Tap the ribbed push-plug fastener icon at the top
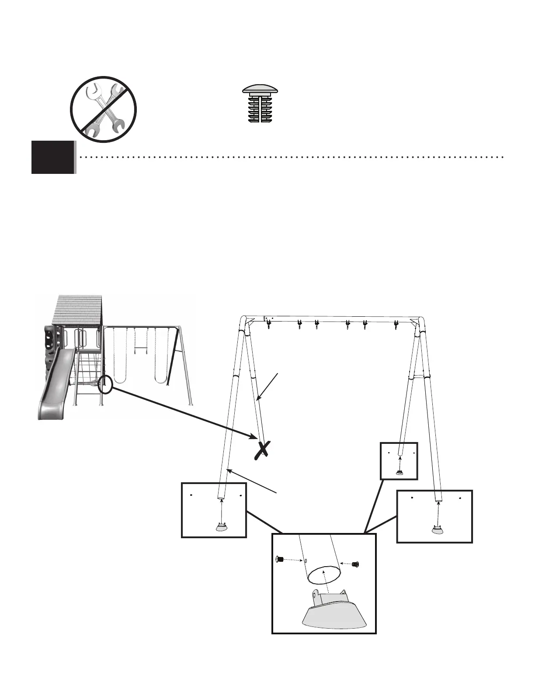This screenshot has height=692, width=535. click(261, 104)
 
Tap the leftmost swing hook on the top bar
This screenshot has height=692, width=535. click(268, 324)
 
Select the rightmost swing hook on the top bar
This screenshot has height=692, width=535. click(396, 325)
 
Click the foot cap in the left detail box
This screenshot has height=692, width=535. click(222, 527)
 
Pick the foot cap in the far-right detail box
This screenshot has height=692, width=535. click(437, 529)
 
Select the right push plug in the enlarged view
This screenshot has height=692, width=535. click(355, 564)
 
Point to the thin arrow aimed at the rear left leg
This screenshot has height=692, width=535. click(267, 385)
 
